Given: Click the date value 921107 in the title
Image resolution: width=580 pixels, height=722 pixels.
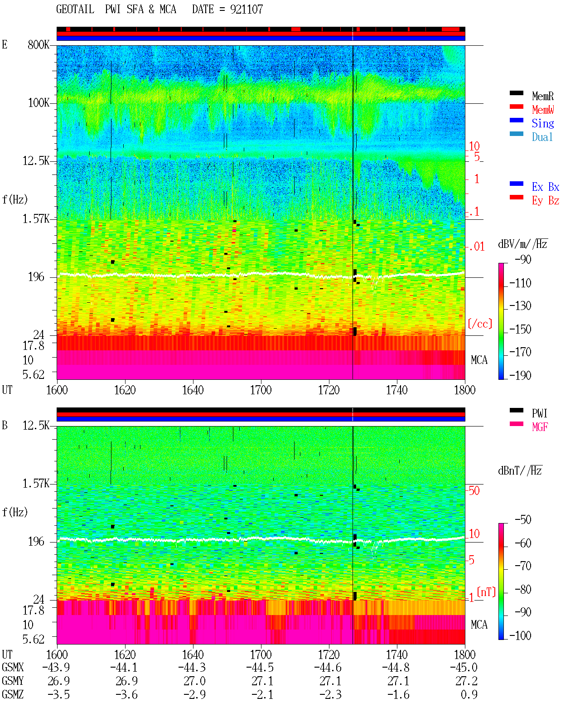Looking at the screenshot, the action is [246, 10].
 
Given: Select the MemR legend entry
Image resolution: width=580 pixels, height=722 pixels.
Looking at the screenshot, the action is [542, 96].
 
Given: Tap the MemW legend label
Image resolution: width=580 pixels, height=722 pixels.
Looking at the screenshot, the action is [543, 110].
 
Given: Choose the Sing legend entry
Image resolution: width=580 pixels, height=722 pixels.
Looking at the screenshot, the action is [542, 123].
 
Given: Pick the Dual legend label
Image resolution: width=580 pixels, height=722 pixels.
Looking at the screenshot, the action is [542, 137].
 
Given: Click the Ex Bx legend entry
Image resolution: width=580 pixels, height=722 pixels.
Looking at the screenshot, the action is [545, 187].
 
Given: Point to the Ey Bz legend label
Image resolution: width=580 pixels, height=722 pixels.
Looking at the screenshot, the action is [545, 201].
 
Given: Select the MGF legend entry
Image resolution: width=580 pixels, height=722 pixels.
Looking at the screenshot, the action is [540, 427].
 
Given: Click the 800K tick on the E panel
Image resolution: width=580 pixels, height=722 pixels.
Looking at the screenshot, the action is [38, 44].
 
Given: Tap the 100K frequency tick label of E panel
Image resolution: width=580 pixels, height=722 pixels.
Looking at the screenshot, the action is [38, 103].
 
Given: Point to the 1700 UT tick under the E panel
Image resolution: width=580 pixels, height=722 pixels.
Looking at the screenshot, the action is [261, 390].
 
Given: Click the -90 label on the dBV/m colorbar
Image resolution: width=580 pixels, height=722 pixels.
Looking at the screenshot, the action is [522, 259].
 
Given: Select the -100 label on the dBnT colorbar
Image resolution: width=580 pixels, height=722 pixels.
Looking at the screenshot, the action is [520, 635].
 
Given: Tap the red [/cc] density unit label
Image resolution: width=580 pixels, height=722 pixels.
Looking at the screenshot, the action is [480, 324].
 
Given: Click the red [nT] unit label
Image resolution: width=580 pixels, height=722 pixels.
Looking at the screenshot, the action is [486, 592].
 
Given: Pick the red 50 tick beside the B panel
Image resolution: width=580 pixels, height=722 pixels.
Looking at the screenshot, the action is [474, 491].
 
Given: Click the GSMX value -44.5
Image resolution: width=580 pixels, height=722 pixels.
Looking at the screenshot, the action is [260, 668].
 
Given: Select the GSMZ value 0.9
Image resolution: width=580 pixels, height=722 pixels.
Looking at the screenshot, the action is [469, 694].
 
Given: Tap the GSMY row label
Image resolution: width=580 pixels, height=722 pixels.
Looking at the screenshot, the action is [13, 681].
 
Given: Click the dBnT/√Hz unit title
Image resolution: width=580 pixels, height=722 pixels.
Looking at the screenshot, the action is [520, 471].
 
